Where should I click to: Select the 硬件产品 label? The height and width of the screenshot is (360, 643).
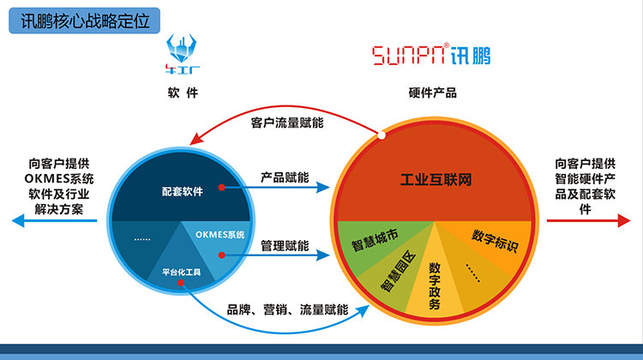click(433, 93)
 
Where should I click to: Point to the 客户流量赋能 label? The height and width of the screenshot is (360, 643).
click(287, 123)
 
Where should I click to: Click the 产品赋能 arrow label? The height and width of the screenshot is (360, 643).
click(285, 177)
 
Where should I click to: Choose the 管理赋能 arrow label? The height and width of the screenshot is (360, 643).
click(285, 246)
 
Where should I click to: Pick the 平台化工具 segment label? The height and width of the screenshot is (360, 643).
click(181, 273)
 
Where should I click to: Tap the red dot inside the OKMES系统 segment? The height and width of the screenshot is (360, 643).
click(222, 254)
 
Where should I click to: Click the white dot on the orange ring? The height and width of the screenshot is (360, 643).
click(380, 135)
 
